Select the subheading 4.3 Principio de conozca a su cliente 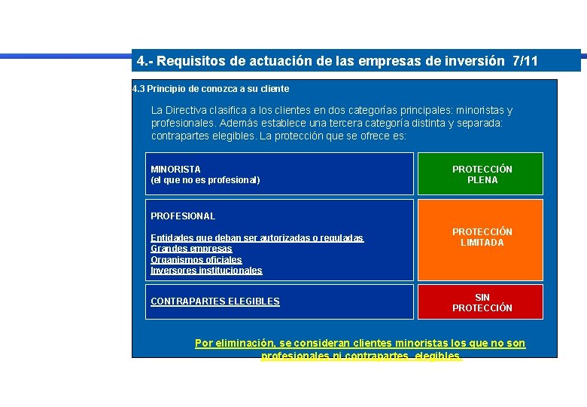point(211,88)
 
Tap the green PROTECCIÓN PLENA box point(482,174)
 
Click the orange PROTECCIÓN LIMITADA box point(482,240)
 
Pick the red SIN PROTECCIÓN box point(482,302)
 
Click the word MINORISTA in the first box point(175,170)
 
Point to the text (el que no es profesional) point(205,180)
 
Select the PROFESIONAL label point(183,216)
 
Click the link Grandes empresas point(191,249)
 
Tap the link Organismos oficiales point(196,260)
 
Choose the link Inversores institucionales point(206,271)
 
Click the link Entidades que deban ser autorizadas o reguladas point(257,238)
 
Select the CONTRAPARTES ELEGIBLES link point(214,301)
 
